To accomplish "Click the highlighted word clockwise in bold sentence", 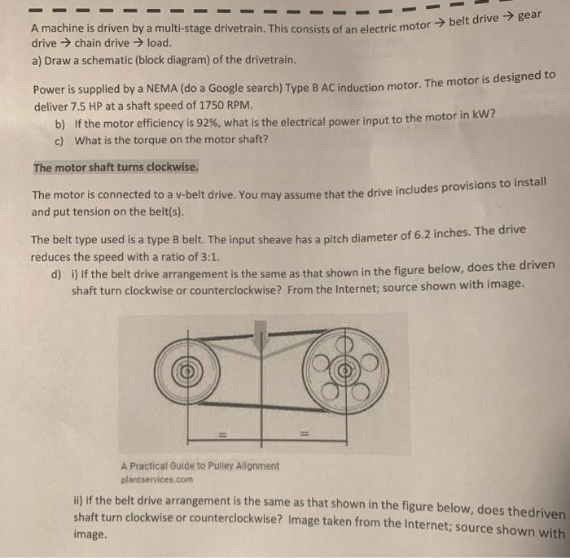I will [x=169, y=167].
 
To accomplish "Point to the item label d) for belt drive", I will [x=56, y=274].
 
